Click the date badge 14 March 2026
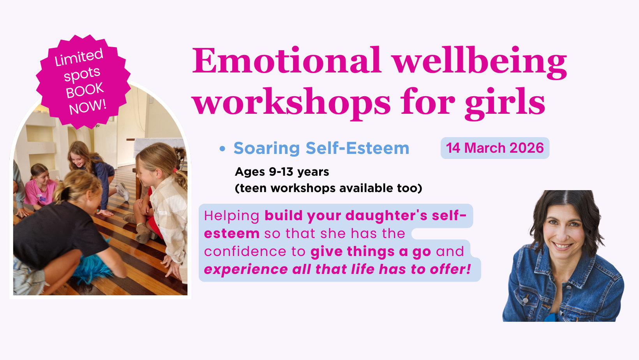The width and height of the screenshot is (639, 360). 495,148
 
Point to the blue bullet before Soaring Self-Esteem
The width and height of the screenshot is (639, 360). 222,148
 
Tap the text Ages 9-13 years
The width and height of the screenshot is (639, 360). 282,172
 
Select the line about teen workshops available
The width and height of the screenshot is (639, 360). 328,188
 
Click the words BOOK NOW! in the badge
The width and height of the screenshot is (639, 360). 86,99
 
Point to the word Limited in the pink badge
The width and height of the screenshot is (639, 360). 79,57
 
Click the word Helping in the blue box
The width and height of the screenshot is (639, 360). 231,216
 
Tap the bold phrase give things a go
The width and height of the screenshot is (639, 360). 371,252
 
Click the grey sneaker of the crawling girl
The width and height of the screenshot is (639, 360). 123,191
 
